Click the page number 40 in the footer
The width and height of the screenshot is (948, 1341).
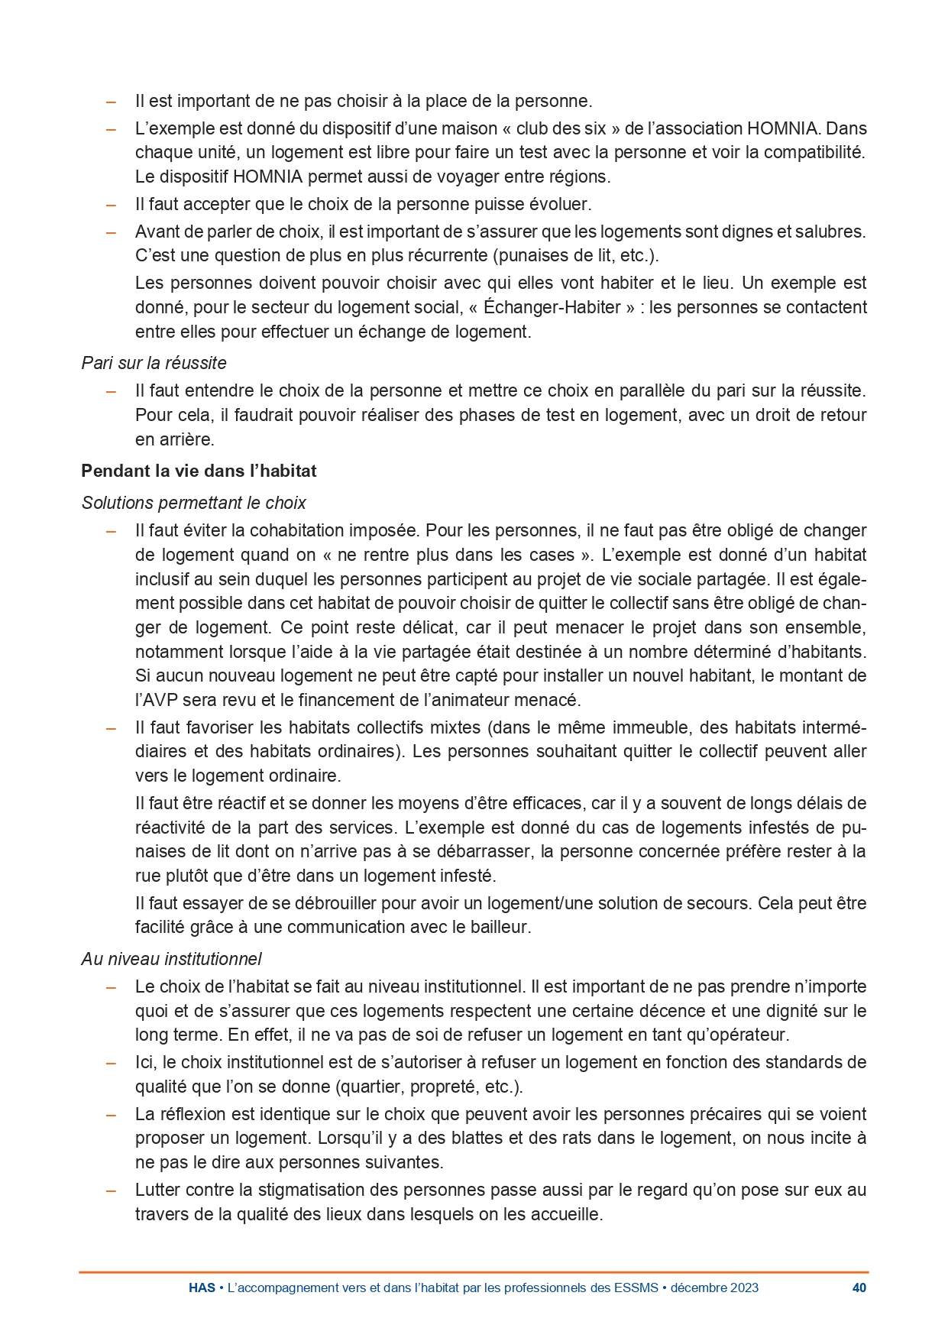tap(859, 1288)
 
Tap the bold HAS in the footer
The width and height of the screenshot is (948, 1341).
tap(202, 1288)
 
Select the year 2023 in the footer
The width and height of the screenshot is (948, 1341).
tap(743, 1288)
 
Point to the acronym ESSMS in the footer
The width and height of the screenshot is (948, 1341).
tap(636, 1288)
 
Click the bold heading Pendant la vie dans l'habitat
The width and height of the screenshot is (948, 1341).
tap(199, 471)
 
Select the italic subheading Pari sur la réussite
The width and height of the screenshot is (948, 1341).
tap(154, 363)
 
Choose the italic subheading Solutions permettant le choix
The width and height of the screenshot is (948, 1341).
tap(193, 503)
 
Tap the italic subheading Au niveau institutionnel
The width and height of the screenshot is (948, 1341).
tap(171, 959)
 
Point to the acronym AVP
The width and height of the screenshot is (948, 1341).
tap(161, 700)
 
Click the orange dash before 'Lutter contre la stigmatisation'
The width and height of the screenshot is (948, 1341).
tap(112, 1190)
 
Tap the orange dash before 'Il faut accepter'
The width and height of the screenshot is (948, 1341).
tap(112, 205)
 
